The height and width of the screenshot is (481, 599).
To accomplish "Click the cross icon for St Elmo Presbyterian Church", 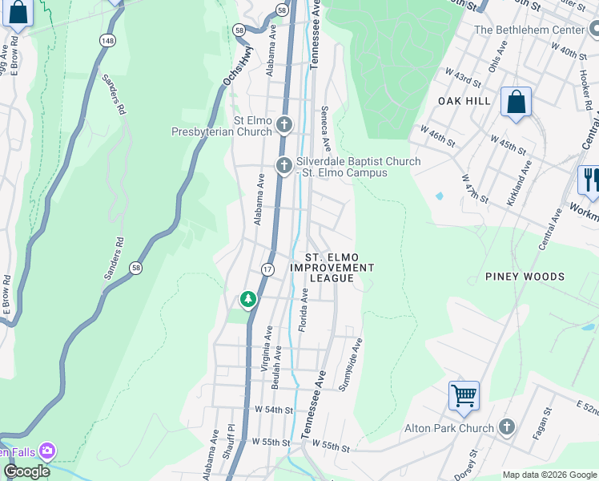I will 284,124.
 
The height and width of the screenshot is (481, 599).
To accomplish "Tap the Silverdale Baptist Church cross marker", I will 283,166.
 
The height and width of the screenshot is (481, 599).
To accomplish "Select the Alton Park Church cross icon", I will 506,427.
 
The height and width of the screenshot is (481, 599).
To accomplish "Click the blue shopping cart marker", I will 464,396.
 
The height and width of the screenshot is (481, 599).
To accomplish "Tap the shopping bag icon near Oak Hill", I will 517,102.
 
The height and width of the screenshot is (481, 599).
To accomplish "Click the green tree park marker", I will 248,300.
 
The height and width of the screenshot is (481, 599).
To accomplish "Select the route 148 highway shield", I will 107,39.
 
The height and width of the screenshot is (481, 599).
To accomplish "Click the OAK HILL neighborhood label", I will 464,101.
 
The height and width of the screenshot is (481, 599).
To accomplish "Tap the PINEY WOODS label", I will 525,277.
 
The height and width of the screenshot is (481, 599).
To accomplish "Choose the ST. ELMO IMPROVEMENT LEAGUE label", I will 332,268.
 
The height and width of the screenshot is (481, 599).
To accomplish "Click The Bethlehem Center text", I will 530,30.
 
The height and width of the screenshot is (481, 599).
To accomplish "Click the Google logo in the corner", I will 26,471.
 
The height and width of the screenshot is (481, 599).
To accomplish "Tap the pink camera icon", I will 47,451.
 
